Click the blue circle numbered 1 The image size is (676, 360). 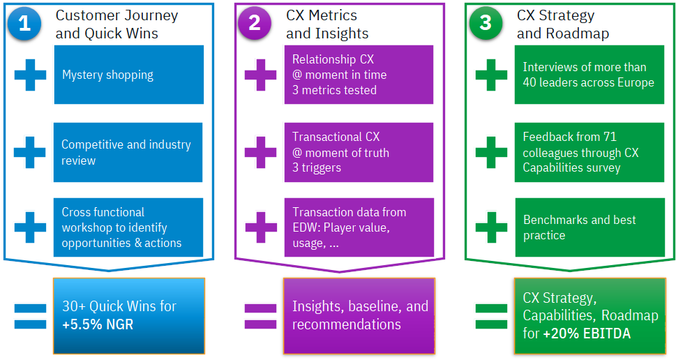24,23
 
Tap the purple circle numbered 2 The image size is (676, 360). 255,23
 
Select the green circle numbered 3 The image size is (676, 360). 486,23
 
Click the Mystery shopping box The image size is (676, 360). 129,75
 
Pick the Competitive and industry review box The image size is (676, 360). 128,152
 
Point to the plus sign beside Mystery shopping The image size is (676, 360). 30,75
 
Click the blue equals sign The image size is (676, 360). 30,317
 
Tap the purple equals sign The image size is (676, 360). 260,317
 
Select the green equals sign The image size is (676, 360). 492,317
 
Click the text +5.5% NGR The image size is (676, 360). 98,324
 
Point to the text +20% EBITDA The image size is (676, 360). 587,333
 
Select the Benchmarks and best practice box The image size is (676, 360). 589,227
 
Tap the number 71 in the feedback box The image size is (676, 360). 610,137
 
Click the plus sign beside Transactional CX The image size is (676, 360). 260,152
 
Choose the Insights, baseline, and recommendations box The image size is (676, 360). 359,316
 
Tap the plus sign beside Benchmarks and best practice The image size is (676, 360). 492,227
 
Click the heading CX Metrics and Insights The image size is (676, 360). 327,24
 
